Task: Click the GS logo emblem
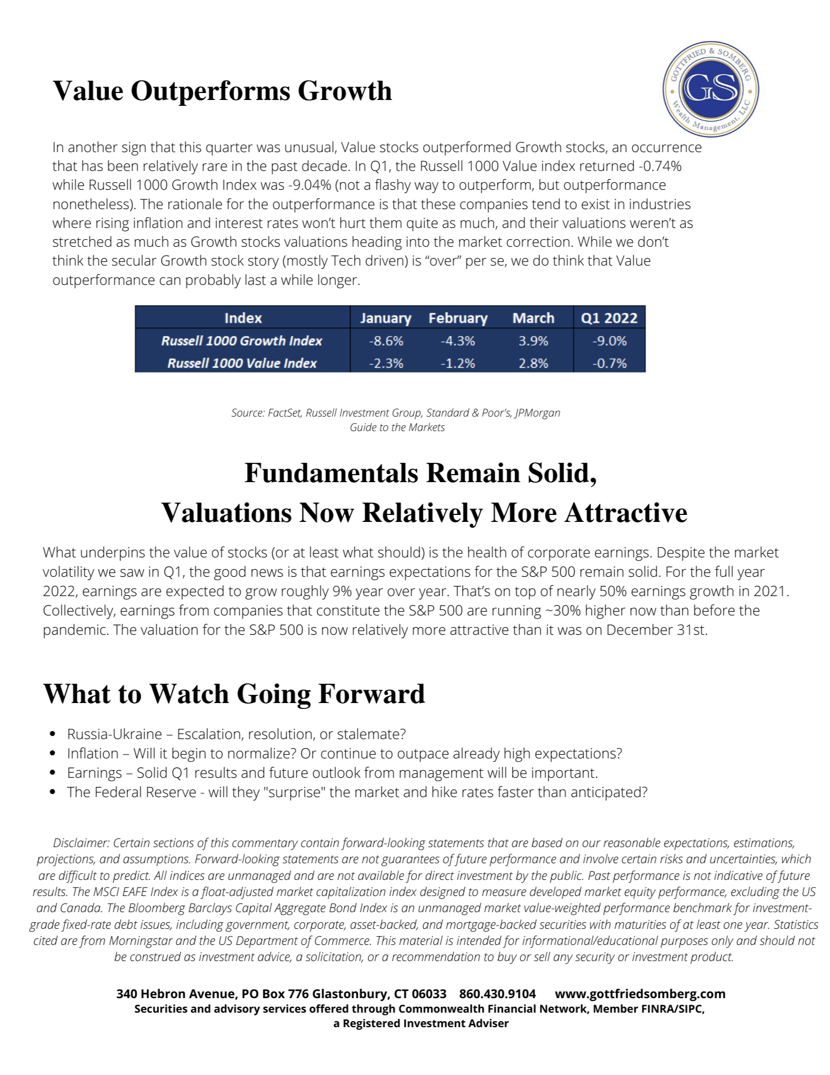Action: tap(710, 90)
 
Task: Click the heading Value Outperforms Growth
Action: tap(222, 91)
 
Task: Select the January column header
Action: tap(385, 318)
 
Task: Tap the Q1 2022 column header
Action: tap(609, 318)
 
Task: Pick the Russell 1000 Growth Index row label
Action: tap(242, 341)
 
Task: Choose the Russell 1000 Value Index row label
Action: tap(242, 363)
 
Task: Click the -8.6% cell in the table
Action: tap(386, 341)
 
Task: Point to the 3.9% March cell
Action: tap(533, 341)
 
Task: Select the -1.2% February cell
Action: tap(458, 363)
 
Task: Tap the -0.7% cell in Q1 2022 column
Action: tap(609, 363)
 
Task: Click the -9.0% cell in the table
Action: tap(609, 341)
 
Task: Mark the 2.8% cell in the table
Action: tap(533, 363)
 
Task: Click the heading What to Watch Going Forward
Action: tap(234, 694)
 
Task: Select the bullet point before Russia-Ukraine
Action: tap(52, 734)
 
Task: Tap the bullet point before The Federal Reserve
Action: tap(52, 792)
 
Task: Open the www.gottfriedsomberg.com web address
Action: tap(640, 993)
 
